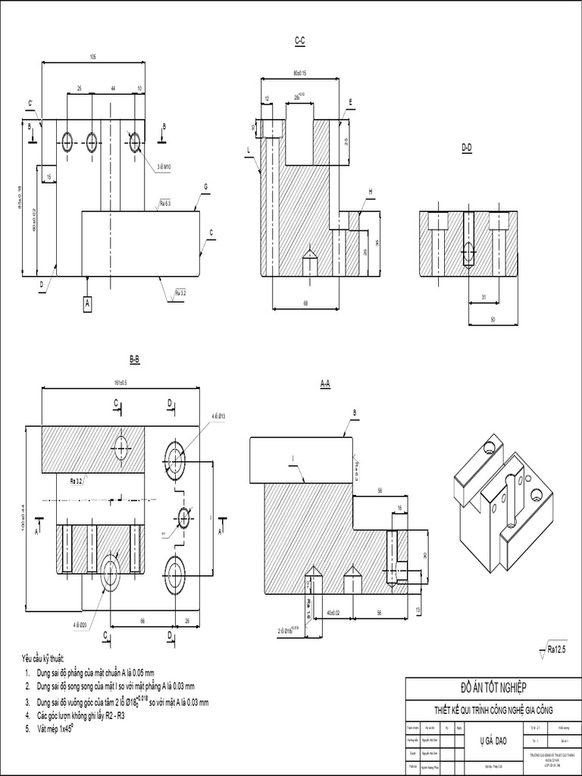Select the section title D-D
pos(467,149)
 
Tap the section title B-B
pos(135,359)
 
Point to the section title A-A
pos(325,384)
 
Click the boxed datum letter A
pos(87,303)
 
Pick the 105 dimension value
pos(92,57)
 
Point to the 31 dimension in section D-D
pos(483,297)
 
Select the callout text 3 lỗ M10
pos(164,166)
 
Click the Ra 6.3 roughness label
pos(165,204)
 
